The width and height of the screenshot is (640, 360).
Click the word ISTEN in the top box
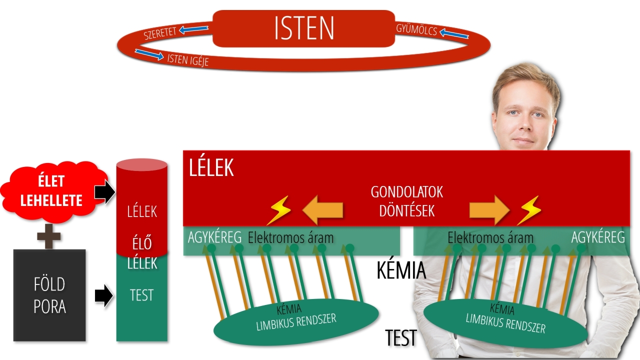tap(304, 28)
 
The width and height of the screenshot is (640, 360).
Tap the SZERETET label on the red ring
tap(159, 33)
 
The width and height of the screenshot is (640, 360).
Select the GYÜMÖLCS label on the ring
tap(416, 29)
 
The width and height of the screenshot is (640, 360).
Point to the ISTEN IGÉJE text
tap(187, 60)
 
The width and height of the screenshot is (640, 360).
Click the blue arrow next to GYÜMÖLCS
tap(454, 34)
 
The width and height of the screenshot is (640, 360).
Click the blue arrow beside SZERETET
tap(194, 29)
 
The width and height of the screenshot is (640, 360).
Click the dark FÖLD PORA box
tap(49, 295)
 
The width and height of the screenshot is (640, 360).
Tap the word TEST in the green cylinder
tap(141, 295)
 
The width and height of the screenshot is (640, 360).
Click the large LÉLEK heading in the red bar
tap(211, 168)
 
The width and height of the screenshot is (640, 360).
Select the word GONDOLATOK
tap(406, 192)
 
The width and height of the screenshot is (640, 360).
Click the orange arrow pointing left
tap(323, 210)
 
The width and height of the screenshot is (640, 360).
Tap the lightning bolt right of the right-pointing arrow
tap(528, 210)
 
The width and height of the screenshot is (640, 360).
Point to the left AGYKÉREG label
tap(214, 237)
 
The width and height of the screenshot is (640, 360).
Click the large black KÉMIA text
tap(401, 270)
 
